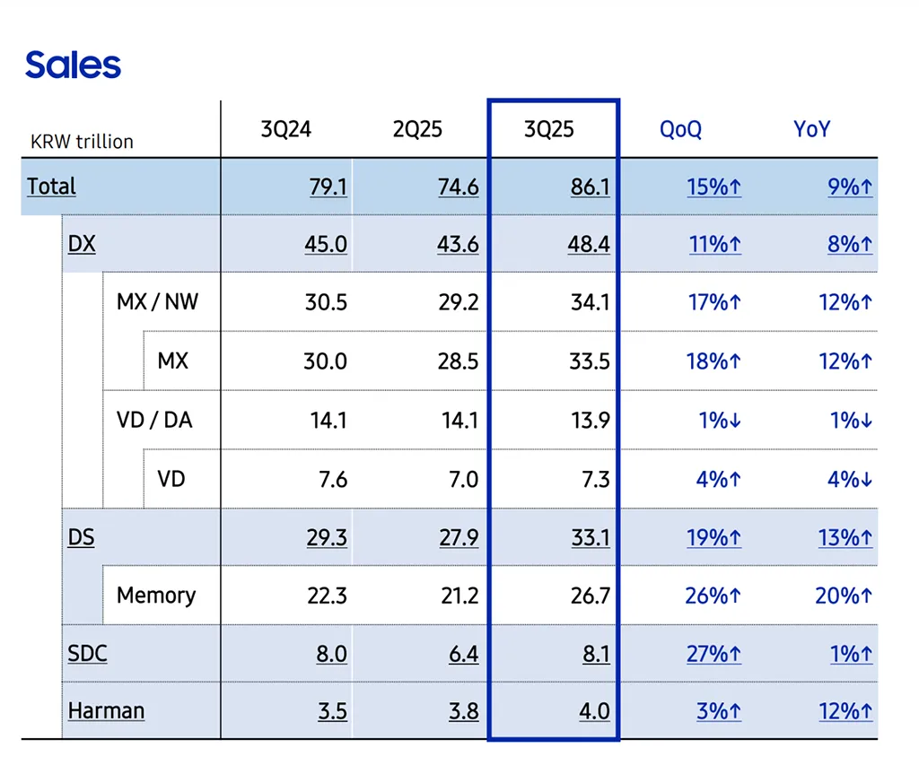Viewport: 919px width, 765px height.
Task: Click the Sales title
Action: [x=73, y=65]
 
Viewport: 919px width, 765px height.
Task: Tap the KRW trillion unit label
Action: [x=82, y=142]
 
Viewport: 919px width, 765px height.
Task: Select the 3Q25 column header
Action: [x=548, y=129]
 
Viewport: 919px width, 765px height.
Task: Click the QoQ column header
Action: [x=680, y=129]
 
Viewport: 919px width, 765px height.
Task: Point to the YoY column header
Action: [x=811, y=129]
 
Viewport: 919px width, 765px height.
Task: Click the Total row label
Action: [x=51, y=187]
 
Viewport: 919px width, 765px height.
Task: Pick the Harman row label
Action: [x=106, y=711]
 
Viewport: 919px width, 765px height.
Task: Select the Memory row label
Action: [x=155, y=595]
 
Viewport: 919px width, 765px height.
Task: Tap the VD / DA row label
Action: [x=154, y=420]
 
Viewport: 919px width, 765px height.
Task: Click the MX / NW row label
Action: [x=157, y=301]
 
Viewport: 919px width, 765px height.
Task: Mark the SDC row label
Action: [x=87, y=653]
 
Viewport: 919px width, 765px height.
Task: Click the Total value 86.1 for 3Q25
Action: [x=590, y=187]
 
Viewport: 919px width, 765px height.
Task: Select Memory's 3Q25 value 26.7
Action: [x=590, y=595]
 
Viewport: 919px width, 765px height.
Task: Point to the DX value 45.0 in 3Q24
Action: [x=326, y=244]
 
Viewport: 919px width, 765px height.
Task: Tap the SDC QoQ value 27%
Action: [x=713, y=654]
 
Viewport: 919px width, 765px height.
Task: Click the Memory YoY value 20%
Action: [x=845, y=595]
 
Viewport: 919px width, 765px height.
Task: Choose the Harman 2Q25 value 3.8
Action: [x=463, y=712]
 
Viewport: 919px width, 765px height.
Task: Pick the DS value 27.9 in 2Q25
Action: [x=458, y=537]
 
